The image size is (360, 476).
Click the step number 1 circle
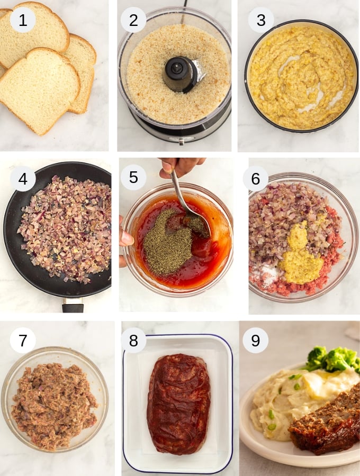pos(23,21)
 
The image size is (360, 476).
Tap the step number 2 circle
pos(133,21)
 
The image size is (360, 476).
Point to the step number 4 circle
pos(23,179)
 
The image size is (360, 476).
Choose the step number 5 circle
pos(133,177)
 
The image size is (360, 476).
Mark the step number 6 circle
pos(256,179)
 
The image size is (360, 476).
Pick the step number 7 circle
pos(23,341)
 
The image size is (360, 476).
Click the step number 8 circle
pos(133,341)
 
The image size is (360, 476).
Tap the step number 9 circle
pos(256,341)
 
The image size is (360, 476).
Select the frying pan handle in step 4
pos(73,305)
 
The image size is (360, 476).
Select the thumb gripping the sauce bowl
pos(125,239)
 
